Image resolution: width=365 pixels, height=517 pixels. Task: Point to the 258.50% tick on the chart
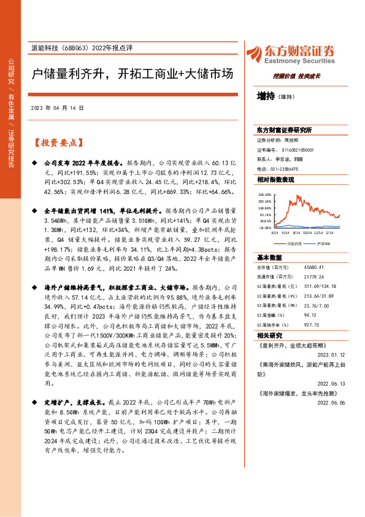tap(264, 193)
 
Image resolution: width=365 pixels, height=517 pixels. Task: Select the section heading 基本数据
tap(269, 257)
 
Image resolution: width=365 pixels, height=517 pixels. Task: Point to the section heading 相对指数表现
tap(275, 179)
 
